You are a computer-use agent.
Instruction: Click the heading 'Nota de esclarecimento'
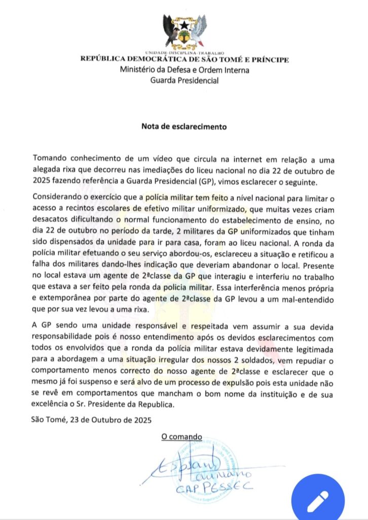coord(184,124)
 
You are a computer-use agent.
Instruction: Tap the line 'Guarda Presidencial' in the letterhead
coord(185,80)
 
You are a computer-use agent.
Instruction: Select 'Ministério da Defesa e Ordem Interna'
coord(185,70)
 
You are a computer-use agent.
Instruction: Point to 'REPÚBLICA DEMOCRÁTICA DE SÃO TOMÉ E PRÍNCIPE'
coord(185,59)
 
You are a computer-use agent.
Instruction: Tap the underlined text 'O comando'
coord(181,437)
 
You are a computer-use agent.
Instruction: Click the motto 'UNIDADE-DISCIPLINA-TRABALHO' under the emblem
coord(184,53)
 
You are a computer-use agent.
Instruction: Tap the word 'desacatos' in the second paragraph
coord(51,220)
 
